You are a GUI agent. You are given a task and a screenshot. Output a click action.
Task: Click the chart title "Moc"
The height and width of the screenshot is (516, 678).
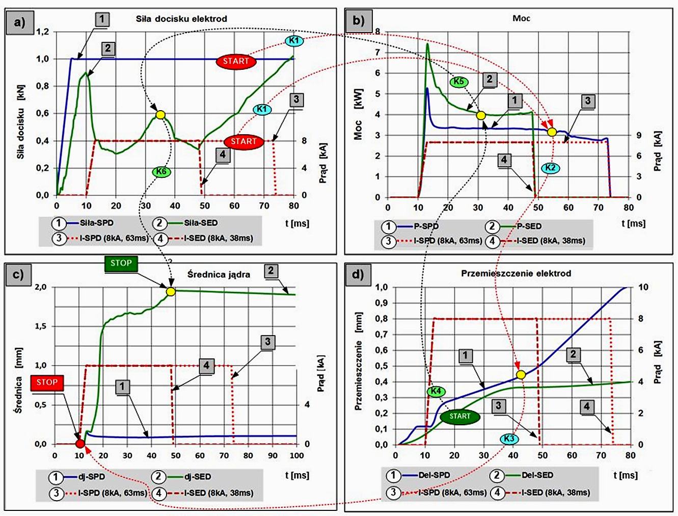coord(521,18)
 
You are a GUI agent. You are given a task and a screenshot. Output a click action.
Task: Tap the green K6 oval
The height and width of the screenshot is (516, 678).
coord(161,171)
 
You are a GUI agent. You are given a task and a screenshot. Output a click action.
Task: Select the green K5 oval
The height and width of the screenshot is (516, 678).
coord(458,82)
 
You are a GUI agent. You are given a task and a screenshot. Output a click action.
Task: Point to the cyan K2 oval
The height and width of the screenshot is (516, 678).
coord(550,167)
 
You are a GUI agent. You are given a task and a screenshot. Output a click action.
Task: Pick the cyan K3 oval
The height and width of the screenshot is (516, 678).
coord(509,439)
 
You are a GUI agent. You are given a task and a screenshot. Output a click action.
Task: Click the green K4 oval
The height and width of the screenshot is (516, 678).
coord(436,391)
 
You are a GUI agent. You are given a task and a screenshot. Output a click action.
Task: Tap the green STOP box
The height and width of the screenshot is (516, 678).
coord(121,263)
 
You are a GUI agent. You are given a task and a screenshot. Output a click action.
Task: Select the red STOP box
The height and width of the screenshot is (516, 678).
coord(47,382)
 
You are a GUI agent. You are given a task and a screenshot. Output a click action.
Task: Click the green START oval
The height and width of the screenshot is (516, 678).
coord(459,417)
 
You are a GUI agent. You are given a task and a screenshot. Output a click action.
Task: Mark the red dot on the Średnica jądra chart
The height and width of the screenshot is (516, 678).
coord(80,443)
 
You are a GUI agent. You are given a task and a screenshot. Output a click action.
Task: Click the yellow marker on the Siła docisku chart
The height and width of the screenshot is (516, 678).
coord(160,115)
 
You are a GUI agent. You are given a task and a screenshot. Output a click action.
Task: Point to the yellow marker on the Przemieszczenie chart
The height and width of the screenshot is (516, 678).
coord(521,375)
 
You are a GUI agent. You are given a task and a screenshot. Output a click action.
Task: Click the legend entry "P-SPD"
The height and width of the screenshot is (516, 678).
coord(426,226)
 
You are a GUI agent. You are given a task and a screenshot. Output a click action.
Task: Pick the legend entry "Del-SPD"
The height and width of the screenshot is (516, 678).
coord(434,475)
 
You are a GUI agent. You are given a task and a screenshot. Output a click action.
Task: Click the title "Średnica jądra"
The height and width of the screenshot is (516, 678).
coord(219,274)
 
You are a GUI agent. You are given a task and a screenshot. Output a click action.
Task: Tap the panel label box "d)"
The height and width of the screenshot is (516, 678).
coord(358,275)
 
